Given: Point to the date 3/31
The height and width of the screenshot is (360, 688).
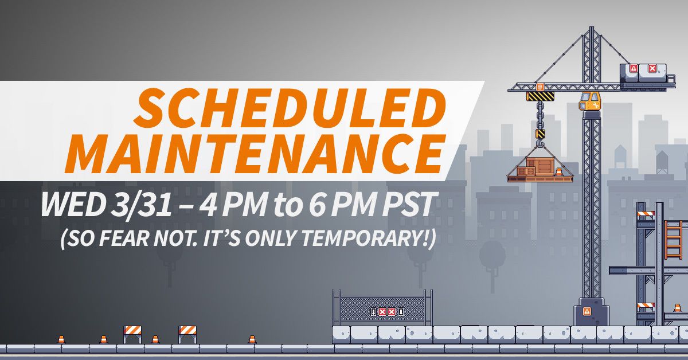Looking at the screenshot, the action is pos(141,204).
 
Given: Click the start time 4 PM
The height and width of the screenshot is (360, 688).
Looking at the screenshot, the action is pos(233,204).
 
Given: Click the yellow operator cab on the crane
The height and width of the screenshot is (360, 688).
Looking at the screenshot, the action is pos(589,101).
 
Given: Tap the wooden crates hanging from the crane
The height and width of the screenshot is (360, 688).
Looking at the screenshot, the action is pos(537,167).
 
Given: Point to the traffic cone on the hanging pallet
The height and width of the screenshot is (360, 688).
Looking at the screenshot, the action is pos(558,173).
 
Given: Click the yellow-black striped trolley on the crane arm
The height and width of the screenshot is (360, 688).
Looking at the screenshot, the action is pos(540,96).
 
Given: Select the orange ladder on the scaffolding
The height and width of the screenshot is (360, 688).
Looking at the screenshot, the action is pos(673,240).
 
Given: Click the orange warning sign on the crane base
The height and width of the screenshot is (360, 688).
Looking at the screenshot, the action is pos(587,312).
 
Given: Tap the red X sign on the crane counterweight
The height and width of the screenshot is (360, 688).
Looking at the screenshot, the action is pos(652,68).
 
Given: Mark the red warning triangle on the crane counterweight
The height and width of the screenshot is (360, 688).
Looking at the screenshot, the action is pos(634,68).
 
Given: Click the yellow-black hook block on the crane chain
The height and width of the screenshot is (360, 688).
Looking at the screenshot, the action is pos(541,134).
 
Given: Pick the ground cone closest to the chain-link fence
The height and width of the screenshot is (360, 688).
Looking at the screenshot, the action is pos(252,339).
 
